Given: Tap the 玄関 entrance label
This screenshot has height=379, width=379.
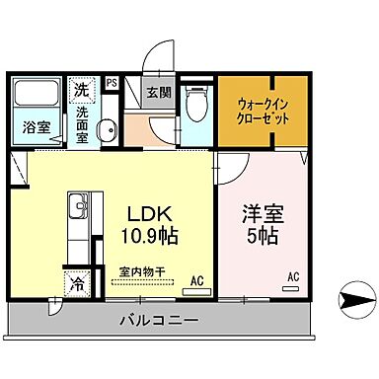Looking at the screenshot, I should click(x=158, y=94).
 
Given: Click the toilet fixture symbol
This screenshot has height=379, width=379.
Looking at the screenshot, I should click(x=196, y=103).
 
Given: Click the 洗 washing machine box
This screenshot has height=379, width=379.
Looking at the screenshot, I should click(x=81, y=89).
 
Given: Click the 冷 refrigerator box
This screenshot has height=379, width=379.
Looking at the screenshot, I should click(x=78, y=284).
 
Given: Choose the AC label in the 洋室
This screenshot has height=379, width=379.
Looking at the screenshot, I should click(x=292, y=277).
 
